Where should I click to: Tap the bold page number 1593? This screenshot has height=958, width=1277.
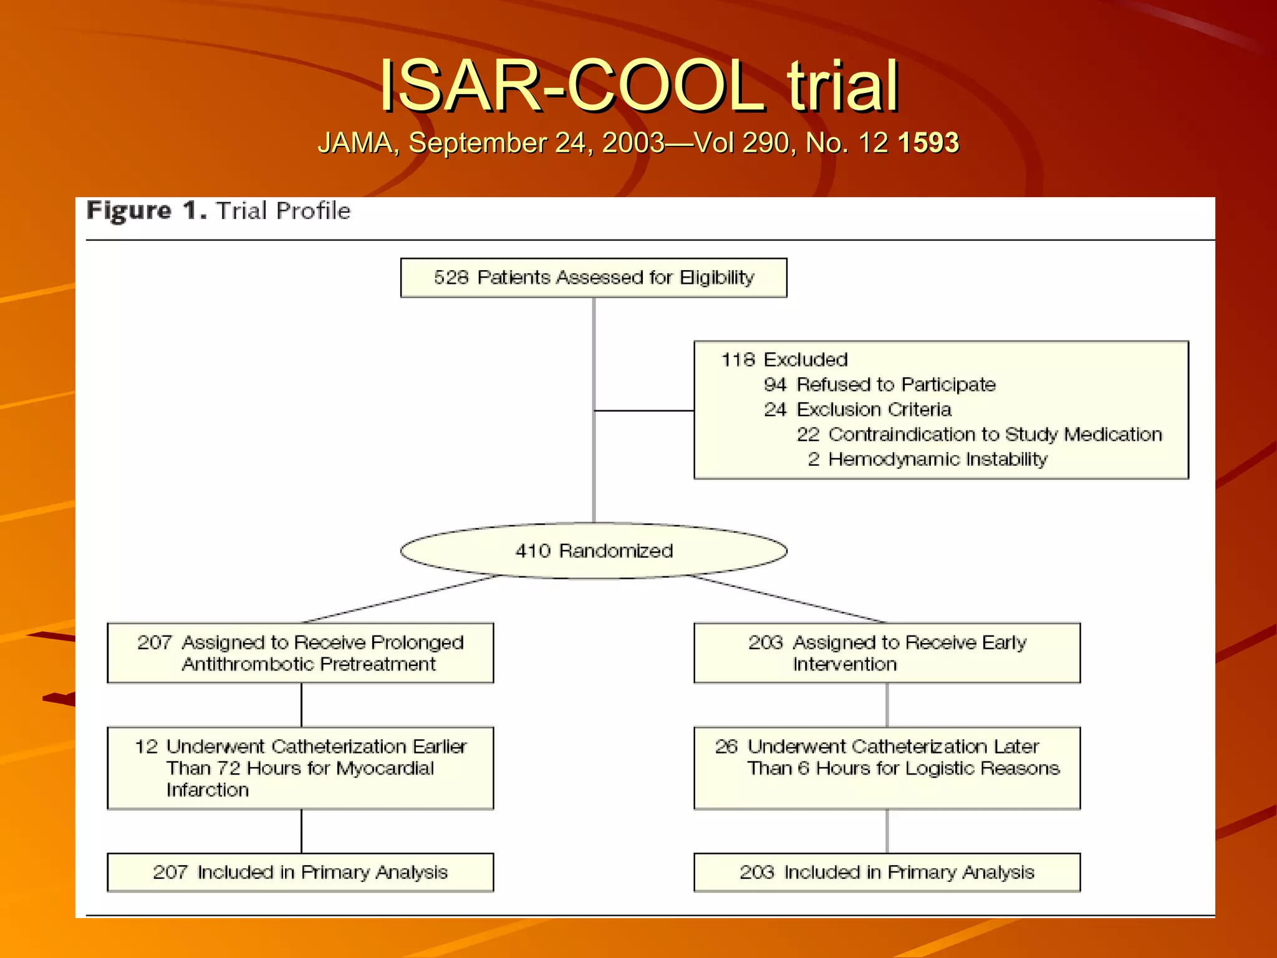tap(928, 143)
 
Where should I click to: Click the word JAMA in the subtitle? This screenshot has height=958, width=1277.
tap(355, 143)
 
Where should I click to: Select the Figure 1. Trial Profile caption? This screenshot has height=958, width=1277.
tap(218, 211)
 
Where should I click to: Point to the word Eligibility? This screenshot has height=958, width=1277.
tap(717, 278)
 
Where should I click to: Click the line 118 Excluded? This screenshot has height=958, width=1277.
tap(784, 360)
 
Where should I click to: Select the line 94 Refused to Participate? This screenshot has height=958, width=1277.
tap(879, 385)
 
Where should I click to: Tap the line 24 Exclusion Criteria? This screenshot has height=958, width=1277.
tap(857, 410)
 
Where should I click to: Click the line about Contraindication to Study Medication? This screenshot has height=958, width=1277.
tap(979, 435)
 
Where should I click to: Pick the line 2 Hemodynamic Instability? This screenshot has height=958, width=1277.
tap(927, 460)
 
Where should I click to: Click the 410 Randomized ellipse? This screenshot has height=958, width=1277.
tap(594, 551)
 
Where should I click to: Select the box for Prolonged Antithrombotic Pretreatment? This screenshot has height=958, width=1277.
tap(301, 653)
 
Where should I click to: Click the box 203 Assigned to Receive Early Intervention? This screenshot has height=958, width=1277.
tap(887, 653)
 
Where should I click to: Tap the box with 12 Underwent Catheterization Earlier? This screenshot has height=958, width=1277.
tap(301, 768)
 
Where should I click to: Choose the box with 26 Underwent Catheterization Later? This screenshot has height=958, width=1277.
tap(887, 768)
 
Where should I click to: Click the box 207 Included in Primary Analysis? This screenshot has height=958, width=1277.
tap(301, 872)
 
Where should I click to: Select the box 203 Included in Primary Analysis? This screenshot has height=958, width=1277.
tap(887, 872)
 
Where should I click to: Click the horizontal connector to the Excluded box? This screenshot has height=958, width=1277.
tap(644, 410)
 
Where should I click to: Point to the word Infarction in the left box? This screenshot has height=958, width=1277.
tap(208, 790)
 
